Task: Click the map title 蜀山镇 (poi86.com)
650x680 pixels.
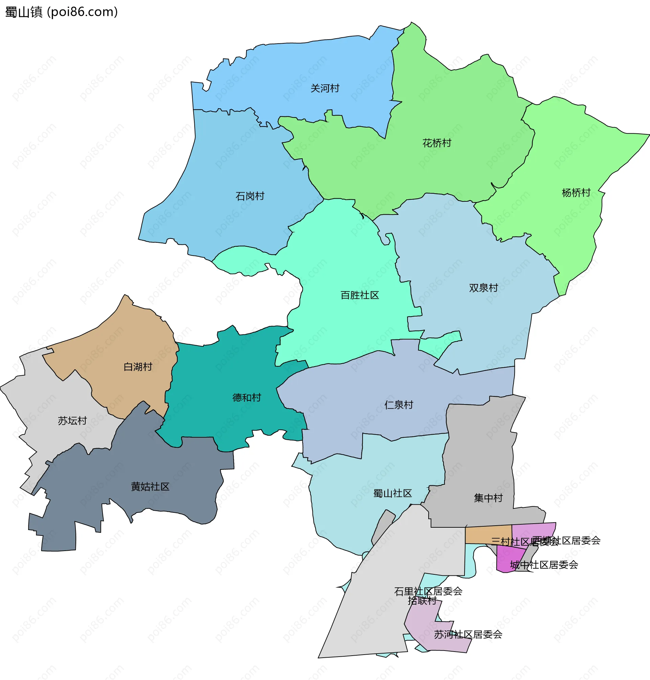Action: click(62, 12)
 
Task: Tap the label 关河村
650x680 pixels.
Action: click(325, 88)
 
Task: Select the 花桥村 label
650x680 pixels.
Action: click(437, 143)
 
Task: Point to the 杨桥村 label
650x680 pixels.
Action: click(576, 193)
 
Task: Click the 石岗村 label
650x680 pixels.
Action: click(250, 196)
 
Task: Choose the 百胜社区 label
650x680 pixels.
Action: click(360, 295)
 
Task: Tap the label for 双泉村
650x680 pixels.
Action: click(483, 288)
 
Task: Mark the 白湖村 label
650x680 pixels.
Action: click(138, 367)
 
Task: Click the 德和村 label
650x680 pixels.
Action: click(246, 397)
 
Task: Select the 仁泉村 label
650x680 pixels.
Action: click(398, 404)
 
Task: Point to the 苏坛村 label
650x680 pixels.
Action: click(72, 421)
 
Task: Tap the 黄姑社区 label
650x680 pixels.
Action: click(150, 487)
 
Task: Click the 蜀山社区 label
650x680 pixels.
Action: click(392, 493)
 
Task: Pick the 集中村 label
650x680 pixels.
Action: click(488, 498)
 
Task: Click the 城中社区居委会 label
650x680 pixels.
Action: click(544, 565)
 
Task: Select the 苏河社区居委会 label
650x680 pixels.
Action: click(468, 635)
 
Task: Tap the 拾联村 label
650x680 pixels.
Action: click(422, 601)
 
